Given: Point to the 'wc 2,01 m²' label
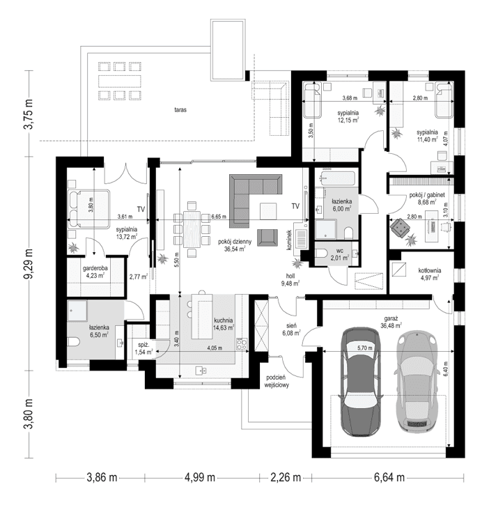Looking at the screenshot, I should (x=341, y=254).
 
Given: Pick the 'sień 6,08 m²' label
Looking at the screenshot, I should (x=288, y=329).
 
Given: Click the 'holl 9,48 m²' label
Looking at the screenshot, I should (x=290, y=279).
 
